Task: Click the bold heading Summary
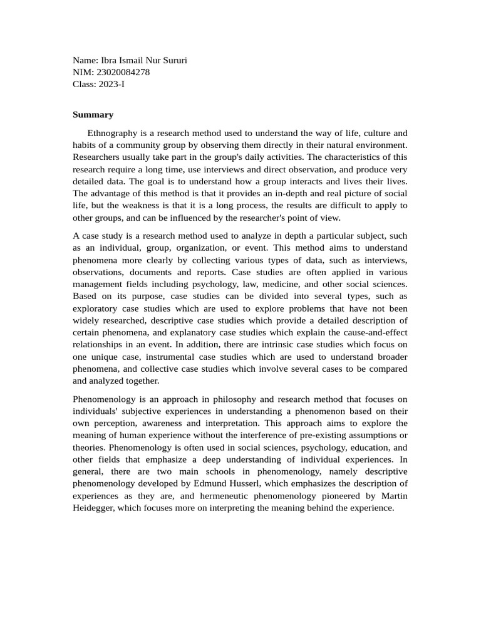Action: pos(93,115)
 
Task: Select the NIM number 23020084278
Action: pos(124,72)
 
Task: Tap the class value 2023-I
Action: pos(111,84)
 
